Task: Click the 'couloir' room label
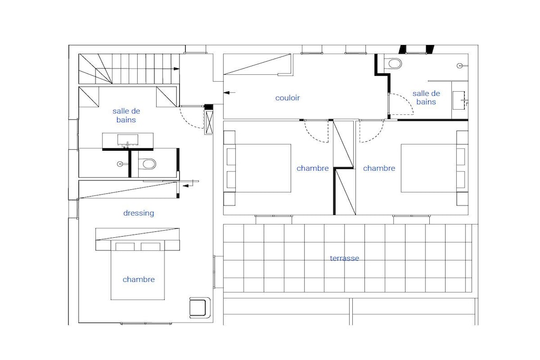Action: tap(287, 98)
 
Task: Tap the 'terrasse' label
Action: tap(344, 258)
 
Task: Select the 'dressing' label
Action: tap(139, 213)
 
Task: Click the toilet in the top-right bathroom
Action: tap(393, 63)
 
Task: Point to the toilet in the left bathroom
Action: tap(148, 163)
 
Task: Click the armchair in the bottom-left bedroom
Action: tap(200, 308)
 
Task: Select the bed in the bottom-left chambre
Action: tap(138, 270)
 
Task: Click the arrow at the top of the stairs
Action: tap(176, 69)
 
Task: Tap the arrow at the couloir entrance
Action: tap(229, 93)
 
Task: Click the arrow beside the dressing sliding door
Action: tap(188, 186)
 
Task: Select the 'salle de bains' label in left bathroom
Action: tap(126, 115)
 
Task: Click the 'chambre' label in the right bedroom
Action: tap(379, 168)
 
